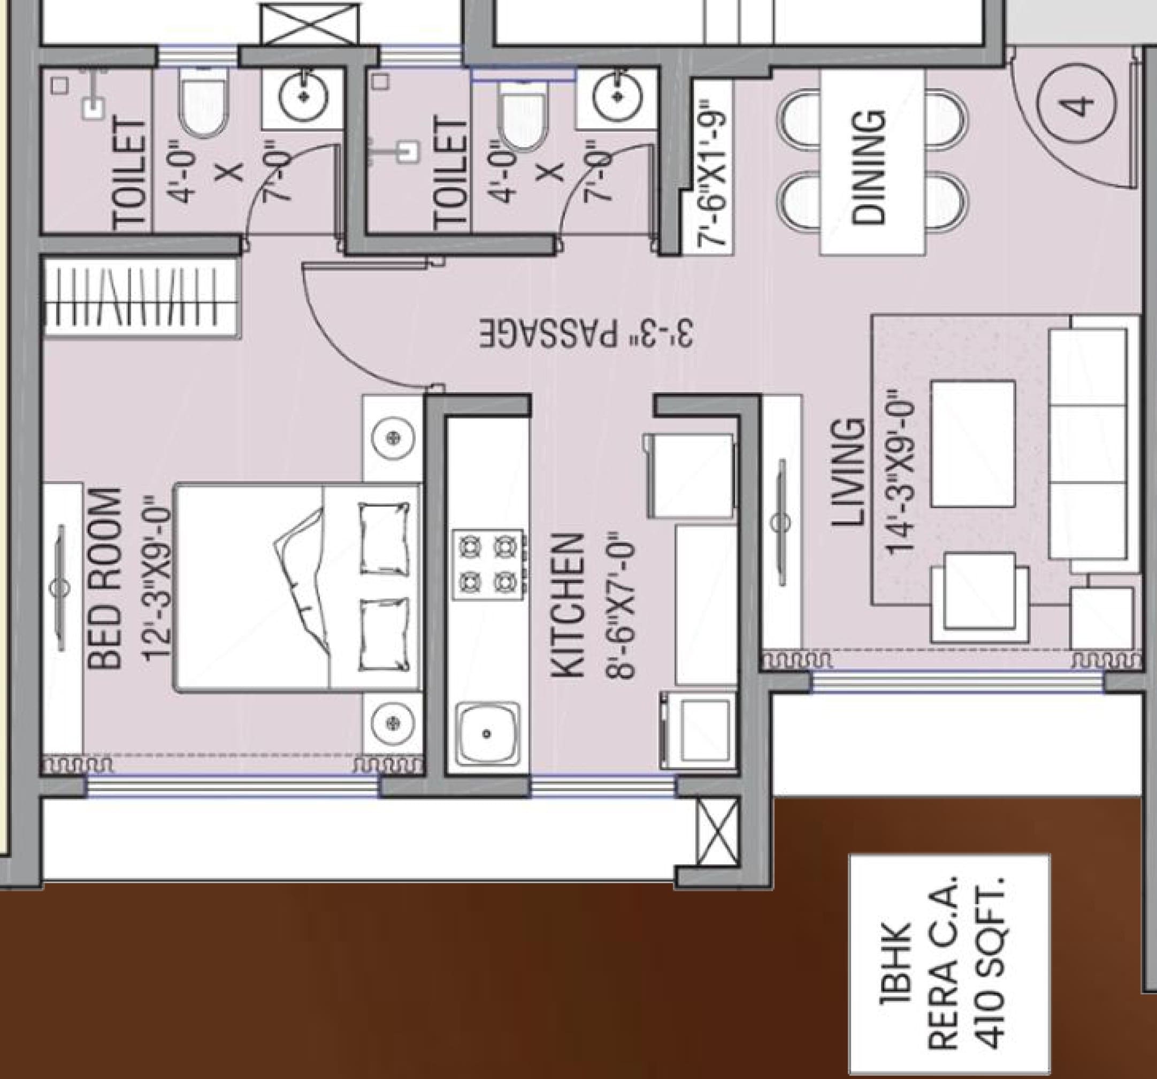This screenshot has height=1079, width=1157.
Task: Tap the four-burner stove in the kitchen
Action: pyautogui.click(x=489, y=564)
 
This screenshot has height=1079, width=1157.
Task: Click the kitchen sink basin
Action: pyautogui.click(x=487, y=734)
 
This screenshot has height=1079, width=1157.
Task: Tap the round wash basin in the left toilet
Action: pyautogui.click(x=303, y=96)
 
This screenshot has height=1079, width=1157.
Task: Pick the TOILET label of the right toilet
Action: pyautogui.click(x=450, y=174)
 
